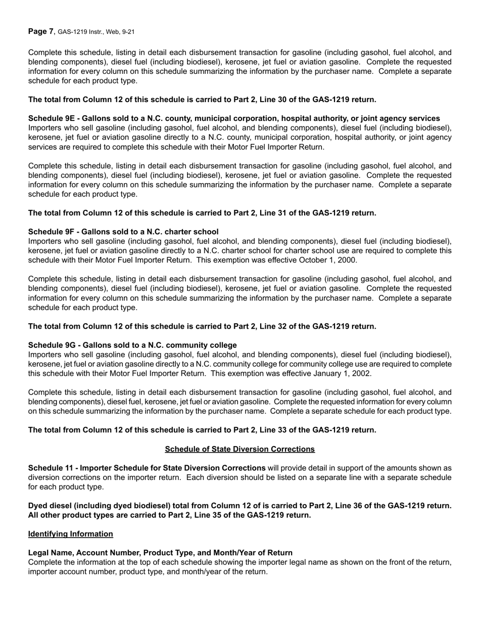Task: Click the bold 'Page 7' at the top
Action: pos(40,32)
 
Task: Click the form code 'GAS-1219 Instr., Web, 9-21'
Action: pos(96,32)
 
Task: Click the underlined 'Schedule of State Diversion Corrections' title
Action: pos(239,449)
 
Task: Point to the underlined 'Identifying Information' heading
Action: pos(71,534)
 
